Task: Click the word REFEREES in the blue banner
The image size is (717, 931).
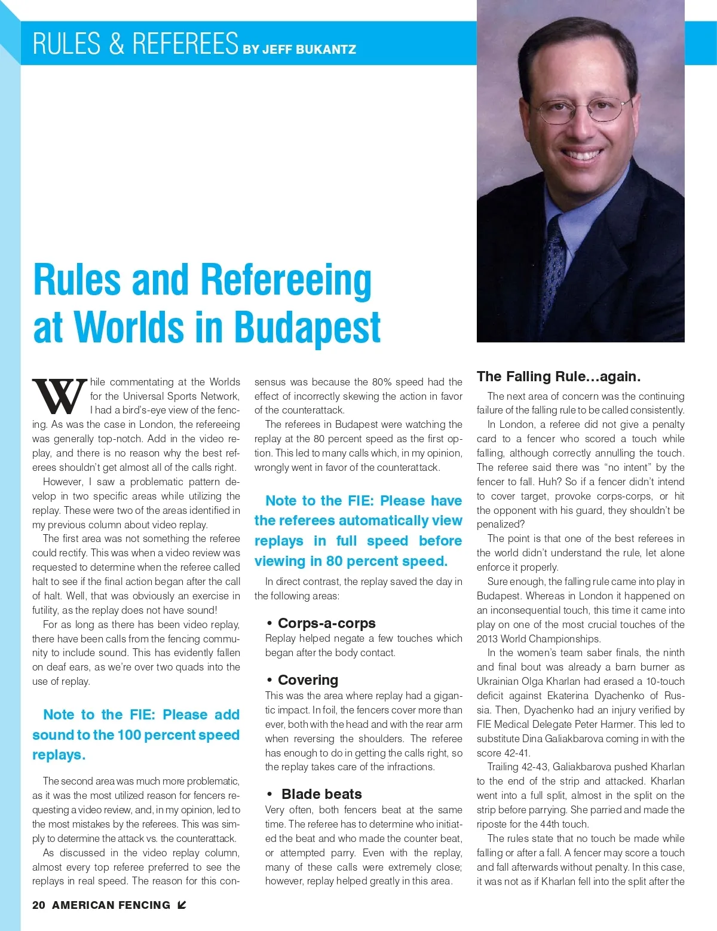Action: [185, 44]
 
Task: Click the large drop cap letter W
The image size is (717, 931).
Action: [60, 396]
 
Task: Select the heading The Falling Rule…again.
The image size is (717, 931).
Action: [559, 376]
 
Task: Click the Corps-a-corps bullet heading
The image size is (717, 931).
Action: [326, 623]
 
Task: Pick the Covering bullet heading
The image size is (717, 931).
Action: [308, 680]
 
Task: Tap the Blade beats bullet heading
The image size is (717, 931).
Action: [321, 794]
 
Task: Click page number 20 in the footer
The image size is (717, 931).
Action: [39, 905]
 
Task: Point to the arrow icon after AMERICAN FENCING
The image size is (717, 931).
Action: [182, 905]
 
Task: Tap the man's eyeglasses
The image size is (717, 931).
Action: [583, 109]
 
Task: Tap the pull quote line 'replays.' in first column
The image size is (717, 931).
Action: [59, 755]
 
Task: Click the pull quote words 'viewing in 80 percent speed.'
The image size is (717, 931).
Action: [351, 561]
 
